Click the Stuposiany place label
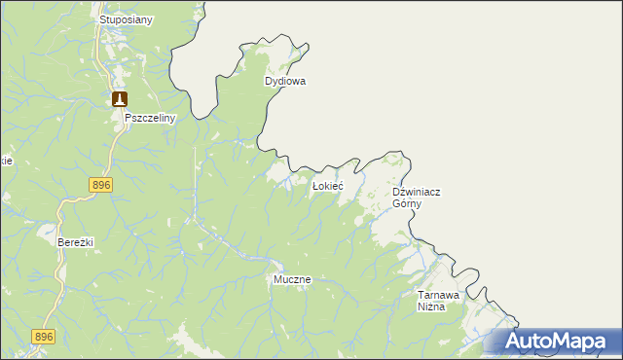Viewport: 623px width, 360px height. (127, 19)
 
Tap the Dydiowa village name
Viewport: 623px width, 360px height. (285, 82)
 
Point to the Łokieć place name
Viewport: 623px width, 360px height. (326, 185)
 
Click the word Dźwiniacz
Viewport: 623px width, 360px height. (416, 193)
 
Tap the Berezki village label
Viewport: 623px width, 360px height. (75, 242)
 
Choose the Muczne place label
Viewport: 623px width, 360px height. (291, 279)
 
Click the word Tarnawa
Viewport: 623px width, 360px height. (437, 294)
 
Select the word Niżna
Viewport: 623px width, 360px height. (431, 306)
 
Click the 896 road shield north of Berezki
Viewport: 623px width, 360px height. (101, 185)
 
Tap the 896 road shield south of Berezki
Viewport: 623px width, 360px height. (44, 337)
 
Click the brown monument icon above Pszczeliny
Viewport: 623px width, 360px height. (119, 99)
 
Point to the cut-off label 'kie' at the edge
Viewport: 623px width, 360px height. (6, 162)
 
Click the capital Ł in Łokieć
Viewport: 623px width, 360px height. (314, 185)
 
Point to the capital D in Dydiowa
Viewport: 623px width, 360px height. (269, 82)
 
